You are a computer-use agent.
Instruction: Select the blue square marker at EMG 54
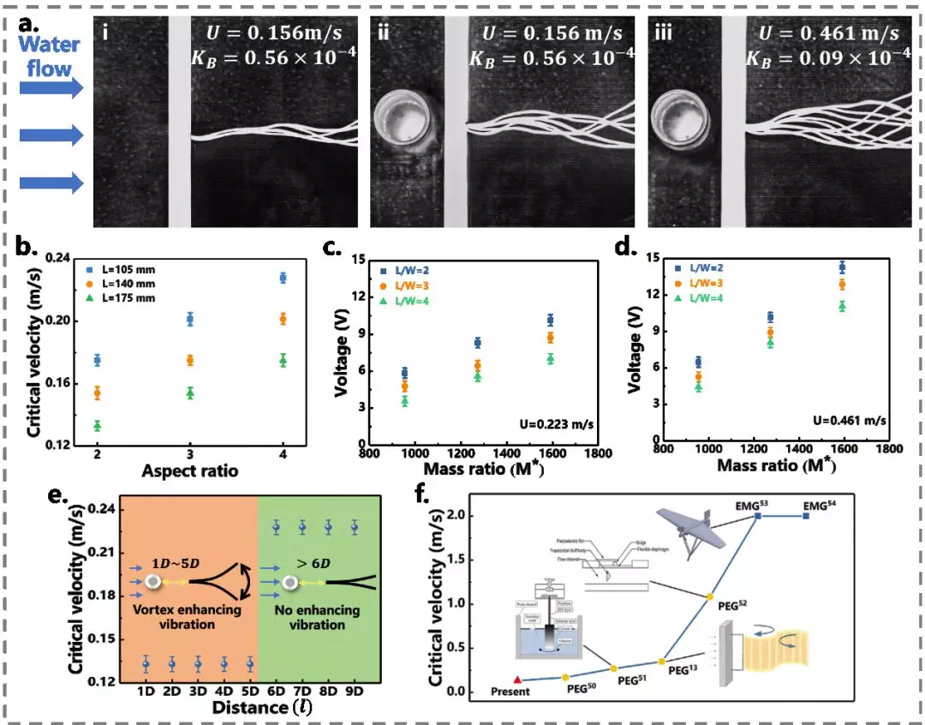point(805,516)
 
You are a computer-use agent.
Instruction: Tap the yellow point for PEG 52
point(708,596)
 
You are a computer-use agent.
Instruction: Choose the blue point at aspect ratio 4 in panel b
point(283,278)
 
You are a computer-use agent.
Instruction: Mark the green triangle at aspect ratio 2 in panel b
point(98,425)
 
